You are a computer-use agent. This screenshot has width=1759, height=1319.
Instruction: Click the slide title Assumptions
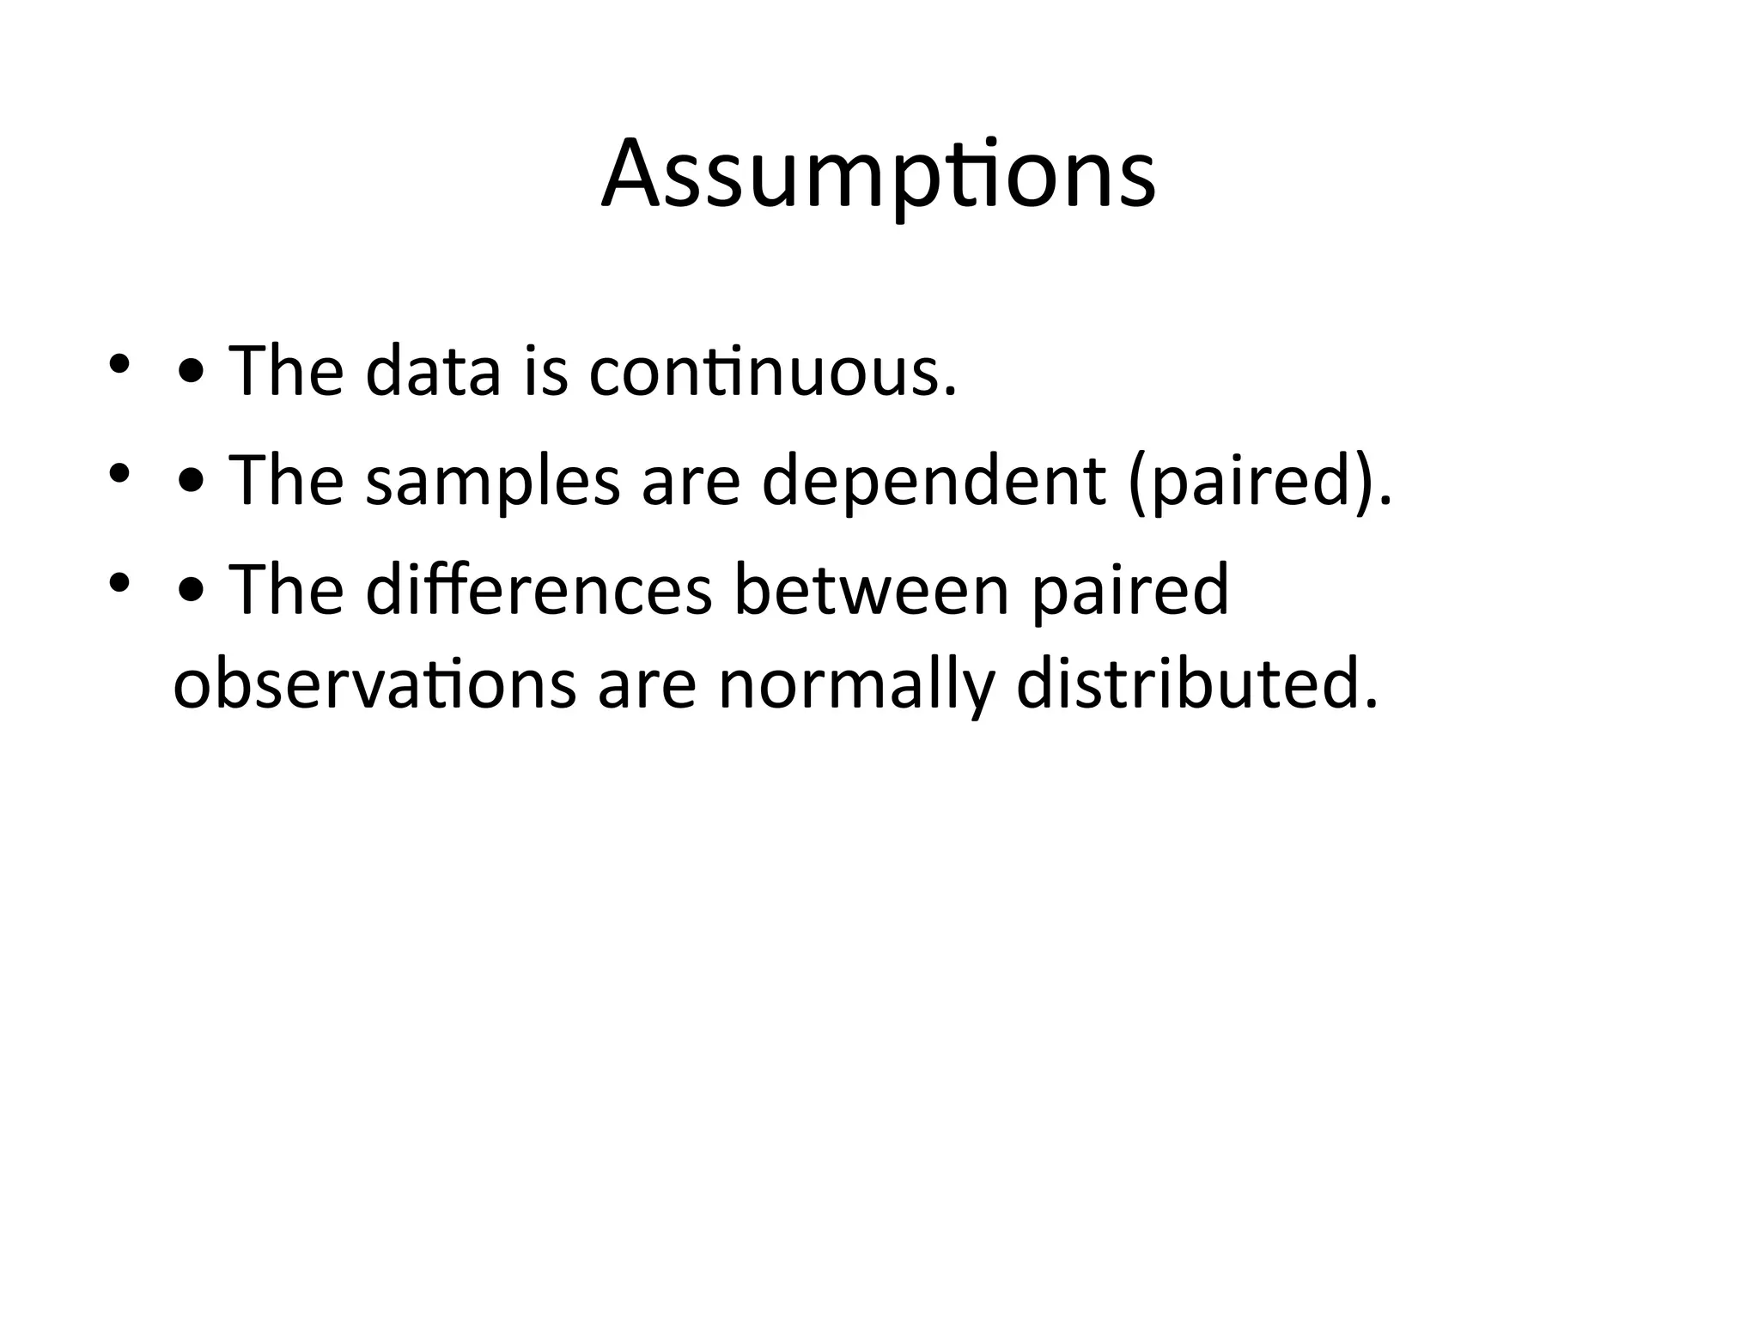879,175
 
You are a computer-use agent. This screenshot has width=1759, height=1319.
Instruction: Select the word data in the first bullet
432,372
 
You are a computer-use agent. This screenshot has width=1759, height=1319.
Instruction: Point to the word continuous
772,372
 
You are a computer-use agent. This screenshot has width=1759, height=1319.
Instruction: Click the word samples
492,482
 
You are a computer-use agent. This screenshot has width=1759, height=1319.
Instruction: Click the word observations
374,684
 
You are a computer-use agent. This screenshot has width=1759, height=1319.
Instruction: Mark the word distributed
1196,684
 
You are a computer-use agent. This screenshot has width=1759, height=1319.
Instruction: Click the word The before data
286,372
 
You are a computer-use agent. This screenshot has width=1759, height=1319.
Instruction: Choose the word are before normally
646,686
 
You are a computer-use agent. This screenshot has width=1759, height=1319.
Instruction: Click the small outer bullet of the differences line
119,582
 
